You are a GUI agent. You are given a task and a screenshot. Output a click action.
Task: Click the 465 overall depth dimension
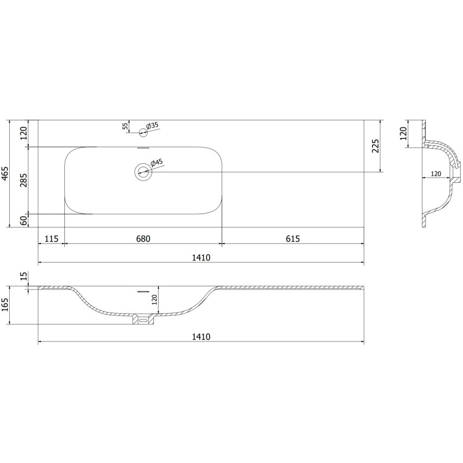[x=5, y=173]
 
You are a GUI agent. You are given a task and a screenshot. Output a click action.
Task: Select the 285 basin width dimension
[x=24, y=180]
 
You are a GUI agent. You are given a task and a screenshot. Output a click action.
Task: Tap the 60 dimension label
[x=24, y=221]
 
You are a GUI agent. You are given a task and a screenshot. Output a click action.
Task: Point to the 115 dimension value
[x=52, y=238]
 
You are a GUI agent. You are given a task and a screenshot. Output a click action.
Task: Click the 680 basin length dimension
[x=143, y=238]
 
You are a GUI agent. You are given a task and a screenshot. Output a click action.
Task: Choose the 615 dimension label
[x=293, y=238]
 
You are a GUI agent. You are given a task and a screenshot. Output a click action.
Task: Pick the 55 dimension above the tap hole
[x=125, y=126]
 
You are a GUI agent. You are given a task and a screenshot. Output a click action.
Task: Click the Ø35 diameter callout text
[x=152, y=126]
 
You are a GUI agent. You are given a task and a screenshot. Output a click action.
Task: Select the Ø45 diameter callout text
[x=156, y=163]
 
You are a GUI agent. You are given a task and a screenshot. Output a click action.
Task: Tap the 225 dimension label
[x=375, y=146]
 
